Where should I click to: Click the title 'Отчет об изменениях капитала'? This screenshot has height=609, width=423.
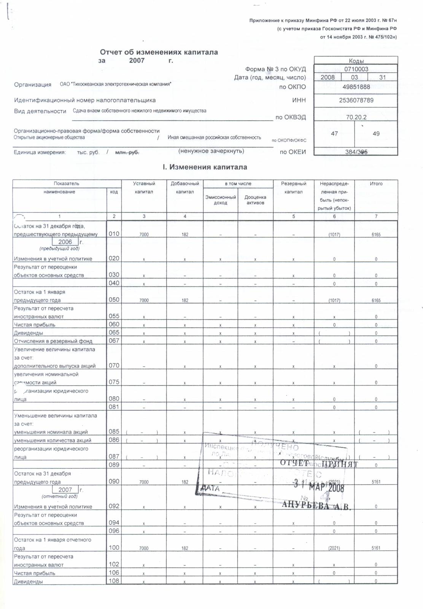pyautogui.click(x=159, y=52)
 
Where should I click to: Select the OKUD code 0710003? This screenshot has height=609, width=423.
pyautogui.click(x=356, y=69)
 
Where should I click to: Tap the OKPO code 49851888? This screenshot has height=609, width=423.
pyautogui.click(x=356, y=87)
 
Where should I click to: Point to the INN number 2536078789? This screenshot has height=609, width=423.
pyautogui.click(x=356, y=100)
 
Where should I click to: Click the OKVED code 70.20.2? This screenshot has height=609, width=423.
pyautogui.click(x=356, y=117)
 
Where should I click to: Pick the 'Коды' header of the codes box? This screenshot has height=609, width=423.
pyautogui.click(x=356, y=61)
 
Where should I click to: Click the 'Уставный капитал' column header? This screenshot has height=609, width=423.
pyautogui.click(x=144, y=188)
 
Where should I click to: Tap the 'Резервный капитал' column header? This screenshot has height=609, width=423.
pyautogui.click(x=293, y=188)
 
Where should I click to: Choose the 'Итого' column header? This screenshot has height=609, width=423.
pyautogui.click(x=376, y=184)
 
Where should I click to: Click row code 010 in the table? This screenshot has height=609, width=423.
pyautogui.click(x=114, y=234)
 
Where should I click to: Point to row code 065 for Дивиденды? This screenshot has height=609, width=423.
pyautogui.click(x=114, y=333)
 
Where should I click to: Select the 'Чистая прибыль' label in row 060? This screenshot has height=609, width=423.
pyautogui.click(x=35, y=325)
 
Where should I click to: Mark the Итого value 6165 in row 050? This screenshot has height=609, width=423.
pyautogui.click(x=376, y=301)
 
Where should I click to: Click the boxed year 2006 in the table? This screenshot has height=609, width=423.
pyautogui.click(x=65, y=242)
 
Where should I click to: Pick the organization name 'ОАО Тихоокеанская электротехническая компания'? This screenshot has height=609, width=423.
pyautogui.click(x=115, y=84)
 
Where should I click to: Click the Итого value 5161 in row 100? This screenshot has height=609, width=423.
pyautogui.click(x=376, y=548)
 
